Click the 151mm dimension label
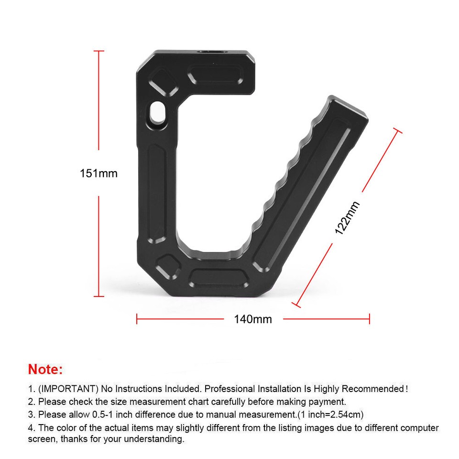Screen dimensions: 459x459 pos(98,173)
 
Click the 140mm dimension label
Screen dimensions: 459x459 pos(252,319)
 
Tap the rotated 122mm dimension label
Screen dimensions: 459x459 pos(347,218)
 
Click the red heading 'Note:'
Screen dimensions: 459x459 pos(45,370)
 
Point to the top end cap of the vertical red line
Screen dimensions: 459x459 pos(99,51)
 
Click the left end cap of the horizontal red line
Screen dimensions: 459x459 pos(137,318)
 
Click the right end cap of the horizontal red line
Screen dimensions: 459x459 pos(369,318)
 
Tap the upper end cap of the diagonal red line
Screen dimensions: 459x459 pos(396,130)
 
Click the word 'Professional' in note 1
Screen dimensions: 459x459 pos(229,389)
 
